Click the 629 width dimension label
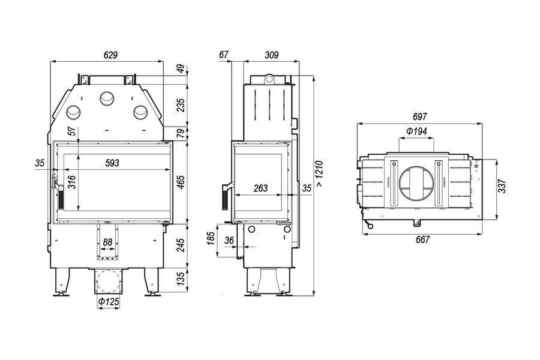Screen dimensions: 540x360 [110, 55]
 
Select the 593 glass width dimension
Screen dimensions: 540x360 [112, 163]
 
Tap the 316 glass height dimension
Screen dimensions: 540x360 [71, 182]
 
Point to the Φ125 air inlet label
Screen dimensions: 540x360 [109, 302]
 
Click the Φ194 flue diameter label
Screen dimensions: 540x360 [416, 131]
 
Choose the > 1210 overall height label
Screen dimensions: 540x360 [319, 173]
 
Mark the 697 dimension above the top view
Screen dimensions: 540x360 [419, 117]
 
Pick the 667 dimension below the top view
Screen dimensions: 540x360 [422, 239]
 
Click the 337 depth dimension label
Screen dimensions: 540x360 [502, 186]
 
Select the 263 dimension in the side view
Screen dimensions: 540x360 [260, 188]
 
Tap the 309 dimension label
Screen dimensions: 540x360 [271, 55]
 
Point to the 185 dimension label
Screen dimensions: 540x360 [211, 238]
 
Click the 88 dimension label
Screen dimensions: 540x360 [108, 242]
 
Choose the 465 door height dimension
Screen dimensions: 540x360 [181, 182]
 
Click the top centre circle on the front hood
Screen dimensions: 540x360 [107, 99]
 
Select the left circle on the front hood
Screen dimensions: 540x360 [73, 112]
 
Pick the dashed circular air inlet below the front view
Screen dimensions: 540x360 [109, 281]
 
